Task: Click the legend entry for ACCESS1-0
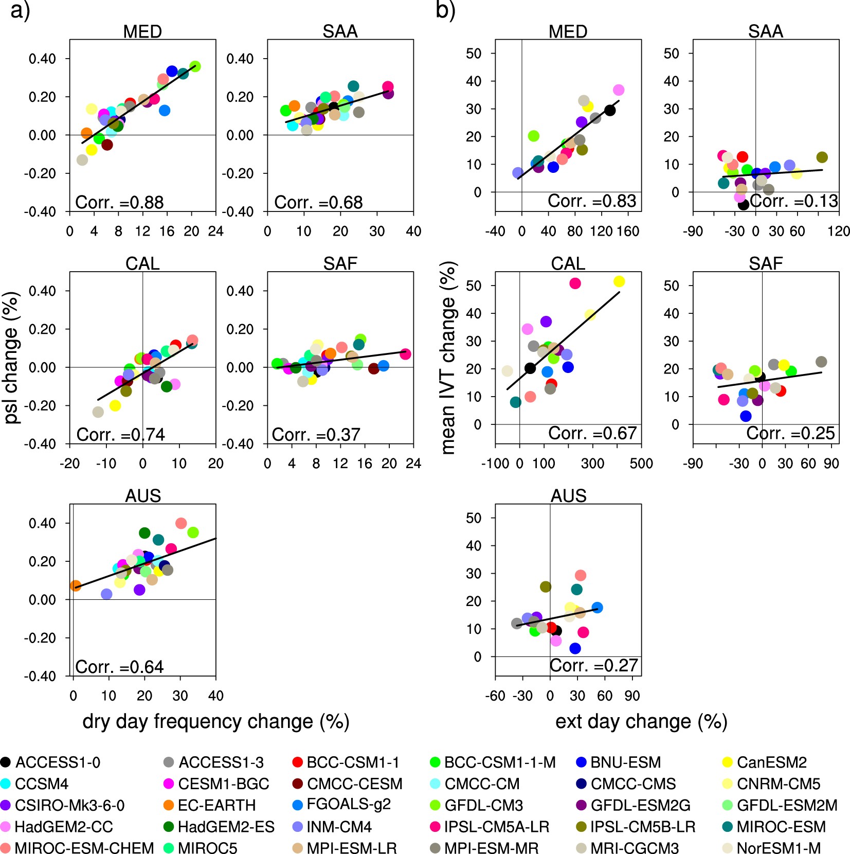pyautogui.click(x=51, y=762)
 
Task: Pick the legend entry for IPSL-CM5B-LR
pyautogui.click(x=636, y=827)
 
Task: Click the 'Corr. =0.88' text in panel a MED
pyautogui.click(x=119, y=202)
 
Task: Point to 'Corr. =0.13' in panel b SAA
pyautogui.click(x=793, y=201)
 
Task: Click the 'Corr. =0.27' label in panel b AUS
pyautogui.click(x=593, y=665)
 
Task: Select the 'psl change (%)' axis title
pyautogui.click(x=11, y=358)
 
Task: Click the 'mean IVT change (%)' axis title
pyautogui.click(x=448, y=358)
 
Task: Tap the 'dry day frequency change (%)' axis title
pyautogui.click(x=216, y=721)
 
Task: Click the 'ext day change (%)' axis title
pyautogui.click(x=641, y=721)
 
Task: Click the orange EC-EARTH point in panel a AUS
pyautogui.click(x=76, y=585)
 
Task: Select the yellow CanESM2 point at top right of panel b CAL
pyautogui.click(x=619, y=281)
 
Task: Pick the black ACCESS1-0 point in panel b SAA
pyautogui.click(x=743, y=204)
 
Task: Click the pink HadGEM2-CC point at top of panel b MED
pyautogui.click(x=619, y=90)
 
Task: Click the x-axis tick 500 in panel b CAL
pyautogui.click(x=641, y=464)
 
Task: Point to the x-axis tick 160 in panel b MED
pyautogui.click(x=628, y=231)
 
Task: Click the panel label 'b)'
pyautogui.click(x=445, y=10)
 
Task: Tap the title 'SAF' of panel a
pyautogui.click(x=340, y=263)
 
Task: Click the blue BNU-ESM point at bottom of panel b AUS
pyautogui.click(x=575, y=648)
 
